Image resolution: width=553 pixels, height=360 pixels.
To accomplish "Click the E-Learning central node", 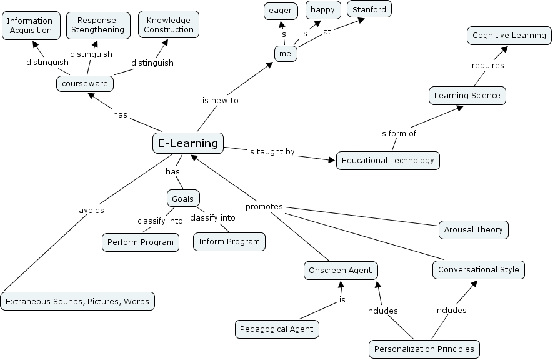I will [x=188, y=143].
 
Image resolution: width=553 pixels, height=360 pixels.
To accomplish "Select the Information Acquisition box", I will [x=30, y=26].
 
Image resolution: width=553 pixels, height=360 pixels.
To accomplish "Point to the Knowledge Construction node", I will [x=168, y=25].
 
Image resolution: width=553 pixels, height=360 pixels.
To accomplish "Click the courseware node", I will [x=84, y=83].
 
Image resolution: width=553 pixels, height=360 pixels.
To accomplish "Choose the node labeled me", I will [x=286, y=54].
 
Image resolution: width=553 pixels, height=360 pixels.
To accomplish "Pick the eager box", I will [x=281, y=11].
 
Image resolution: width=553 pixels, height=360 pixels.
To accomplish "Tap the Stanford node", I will [x=369, y=10].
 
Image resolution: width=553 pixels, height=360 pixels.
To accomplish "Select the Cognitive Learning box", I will [x=509, y=36].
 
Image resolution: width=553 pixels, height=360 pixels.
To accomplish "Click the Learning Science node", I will [x=467, y=96].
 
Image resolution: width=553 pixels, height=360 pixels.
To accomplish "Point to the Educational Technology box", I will [x=387, y=161].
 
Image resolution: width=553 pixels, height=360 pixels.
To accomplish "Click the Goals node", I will [x=183, y=199].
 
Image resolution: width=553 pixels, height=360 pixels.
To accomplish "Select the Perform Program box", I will [x=141, y=242].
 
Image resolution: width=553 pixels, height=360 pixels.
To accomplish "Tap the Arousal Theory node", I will [x=473, y=229].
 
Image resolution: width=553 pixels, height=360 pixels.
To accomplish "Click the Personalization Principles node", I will [x=424, y=349].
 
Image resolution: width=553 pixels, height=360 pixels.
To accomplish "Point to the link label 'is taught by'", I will [x=271, y=152].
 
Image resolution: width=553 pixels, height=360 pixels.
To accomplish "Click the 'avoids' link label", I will [x=91, y=211].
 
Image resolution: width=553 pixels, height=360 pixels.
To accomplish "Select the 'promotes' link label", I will [x=264, y=207].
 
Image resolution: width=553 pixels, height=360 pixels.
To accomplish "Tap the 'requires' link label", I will [x=487, y=66].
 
